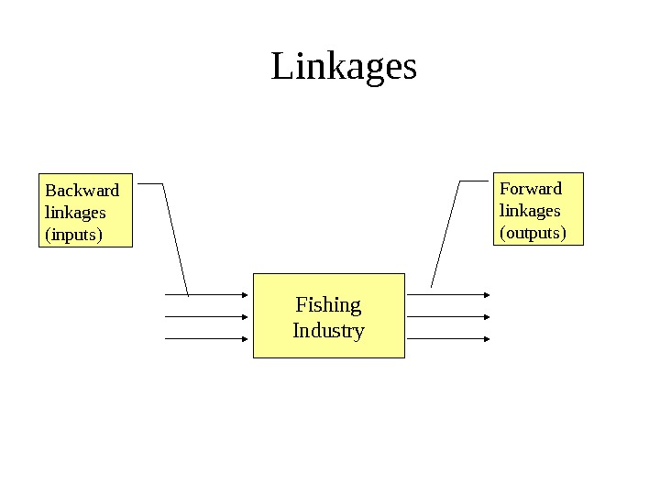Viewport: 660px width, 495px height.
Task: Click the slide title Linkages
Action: (x=344, y=67)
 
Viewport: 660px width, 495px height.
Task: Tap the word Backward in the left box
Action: (x=82, y=191)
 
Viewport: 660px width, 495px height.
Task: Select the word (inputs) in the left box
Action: (x=73, y=235)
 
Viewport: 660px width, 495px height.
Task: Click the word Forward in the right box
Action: (x=530, y=189)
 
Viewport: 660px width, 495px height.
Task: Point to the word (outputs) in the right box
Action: (x=533, y=233)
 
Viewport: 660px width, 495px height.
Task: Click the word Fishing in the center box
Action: (x=328, y=304)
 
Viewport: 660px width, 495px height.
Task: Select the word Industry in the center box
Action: (x=328, y=330)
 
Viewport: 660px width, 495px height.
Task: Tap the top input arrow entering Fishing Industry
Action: (x=206, y=295)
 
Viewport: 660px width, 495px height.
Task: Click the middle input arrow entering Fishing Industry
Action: (x=206, y=317)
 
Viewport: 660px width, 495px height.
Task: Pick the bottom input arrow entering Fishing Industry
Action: (x=206, y=338)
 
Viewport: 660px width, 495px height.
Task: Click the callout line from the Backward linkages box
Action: (x=175, y=237)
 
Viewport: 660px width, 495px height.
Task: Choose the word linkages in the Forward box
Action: (x=529, y=211)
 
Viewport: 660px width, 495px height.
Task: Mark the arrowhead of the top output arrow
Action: (x=487, y=295)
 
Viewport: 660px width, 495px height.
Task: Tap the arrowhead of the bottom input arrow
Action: (x=246, y=338)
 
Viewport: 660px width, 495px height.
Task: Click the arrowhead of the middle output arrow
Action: (x=487, y=317)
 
